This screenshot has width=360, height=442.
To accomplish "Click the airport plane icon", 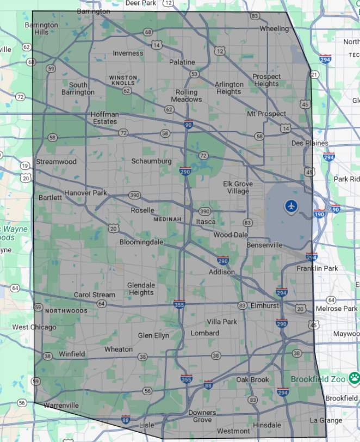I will pyautogui.click(x=292, y=206).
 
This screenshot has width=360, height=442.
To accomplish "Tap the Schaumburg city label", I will pyautogui.click(x=151, y=161).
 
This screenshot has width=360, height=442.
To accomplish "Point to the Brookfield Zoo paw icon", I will pyautogui.click(x=354, y=377).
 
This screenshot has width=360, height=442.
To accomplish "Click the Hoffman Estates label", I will pyautogui.click(x=104, y=118).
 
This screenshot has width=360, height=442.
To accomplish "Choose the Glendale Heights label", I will pyautogui.click(x=141, y=288).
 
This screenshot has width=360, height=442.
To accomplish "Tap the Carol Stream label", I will pyautogui.click(x=95, y=295).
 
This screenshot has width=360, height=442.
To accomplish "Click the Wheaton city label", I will pyautogui.click(x=118, y=349).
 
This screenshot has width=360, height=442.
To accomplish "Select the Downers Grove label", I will pyautogui.click(x=202, y=416).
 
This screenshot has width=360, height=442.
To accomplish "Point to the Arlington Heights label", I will pyautogui.click(x=229, y=88).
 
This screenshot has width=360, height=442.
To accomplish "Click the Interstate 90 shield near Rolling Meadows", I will pyautogui.click(x=188, y=125).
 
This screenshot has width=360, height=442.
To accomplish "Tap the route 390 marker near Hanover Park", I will pyautogui.click(x=134, y=195).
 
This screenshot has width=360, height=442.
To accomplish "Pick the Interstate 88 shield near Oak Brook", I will pyautogui.click(x=208, y=385).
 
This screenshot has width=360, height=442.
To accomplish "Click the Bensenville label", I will pyautogui.click(x=264, y=245).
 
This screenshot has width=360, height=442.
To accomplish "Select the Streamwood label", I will pyautogui.click(x=56, y=162).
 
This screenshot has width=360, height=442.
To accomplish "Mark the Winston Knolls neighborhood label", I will pyautogui.click(x=123, y=81).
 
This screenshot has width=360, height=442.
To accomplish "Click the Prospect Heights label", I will pyautogui.click(x=266, y=81).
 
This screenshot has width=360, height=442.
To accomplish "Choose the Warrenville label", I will pyautogui.click(x=61, y=406).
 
